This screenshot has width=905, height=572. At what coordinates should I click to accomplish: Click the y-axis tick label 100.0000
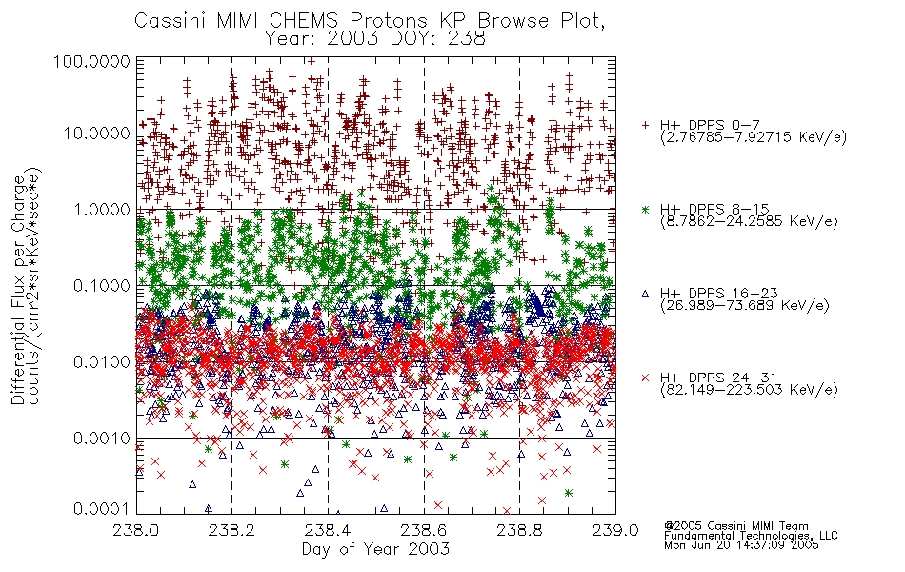click(91, 61)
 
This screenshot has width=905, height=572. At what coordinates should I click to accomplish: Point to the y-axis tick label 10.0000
click(97, 133)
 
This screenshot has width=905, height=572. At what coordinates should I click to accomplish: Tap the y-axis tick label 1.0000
click(102, 209)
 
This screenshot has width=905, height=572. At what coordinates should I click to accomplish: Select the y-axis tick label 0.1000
click(102, 285)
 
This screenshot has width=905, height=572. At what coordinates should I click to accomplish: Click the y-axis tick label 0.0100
click(102, 362)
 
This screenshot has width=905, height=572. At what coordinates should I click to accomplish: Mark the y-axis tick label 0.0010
click(102, 439)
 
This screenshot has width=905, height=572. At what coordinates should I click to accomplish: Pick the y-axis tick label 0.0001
click(102, 509)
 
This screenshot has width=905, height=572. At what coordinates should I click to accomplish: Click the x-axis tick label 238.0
click(135, 530)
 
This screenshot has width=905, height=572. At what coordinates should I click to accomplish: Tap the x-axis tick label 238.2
click(232, 530)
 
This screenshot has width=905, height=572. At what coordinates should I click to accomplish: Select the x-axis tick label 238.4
click(328, 530)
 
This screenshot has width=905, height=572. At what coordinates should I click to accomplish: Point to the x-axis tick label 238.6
click(424, 530)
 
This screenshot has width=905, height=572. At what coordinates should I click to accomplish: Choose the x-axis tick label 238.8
click(519, 530)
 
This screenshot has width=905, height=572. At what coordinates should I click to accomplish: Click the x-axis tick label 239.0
click(615, 530)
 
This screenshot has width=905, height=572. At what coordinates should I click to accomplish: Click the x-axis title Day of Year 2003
click(375, 549)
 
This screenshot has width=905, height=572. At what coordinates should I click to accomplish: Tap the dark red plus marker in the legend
click(645, 125)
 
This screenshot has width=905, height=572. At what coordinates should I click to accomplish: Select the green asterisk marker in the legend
click(645, 209)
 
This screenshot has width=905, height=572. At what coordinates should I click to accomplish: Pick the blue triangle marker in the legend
click(645, 294)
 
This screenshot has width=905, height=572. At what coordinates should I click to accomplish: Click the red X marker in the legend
click(645, 378)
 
